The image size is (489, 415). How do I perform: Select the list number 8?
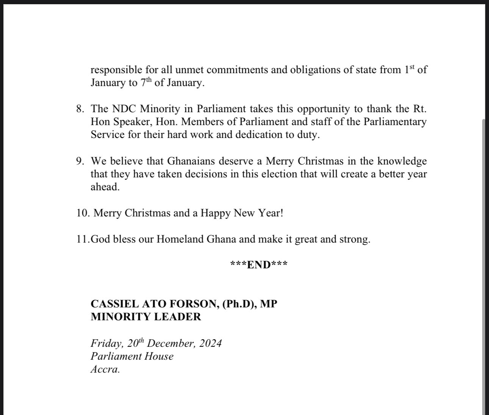click(80, 109)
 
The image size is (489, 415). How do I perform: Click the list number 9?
click(80, 161)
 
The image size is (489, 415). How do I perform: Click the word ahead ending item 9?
click(105, 187)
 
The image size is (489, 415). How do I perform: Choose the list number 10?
click(83, 213)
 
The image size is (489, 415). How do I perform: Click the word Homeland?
click(180, 240)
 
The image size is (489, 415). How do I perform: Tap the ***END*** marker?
click(259, 265)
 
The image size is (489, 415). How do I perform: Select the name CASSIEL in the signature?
click(112, 304)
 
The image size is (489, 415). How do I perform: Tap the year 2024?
click(210, 343)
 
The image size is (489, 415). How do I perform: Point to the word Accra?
click(105, 370)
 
